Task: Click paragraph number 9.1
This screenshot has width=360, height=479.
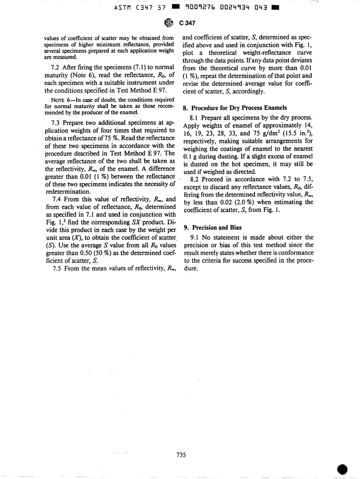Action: click(194, 238)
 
